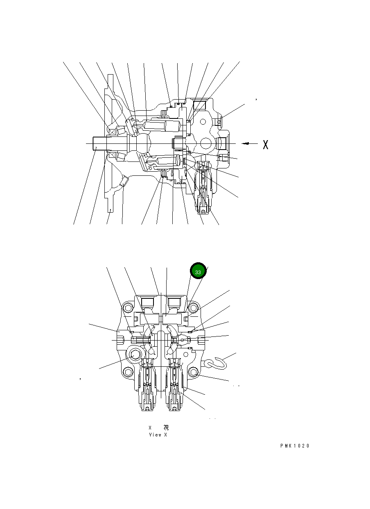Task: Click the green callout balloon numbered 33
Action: [198, 272]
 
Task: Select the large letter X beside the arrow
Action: [265, 144]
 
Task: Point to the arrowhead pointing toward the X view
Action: [244, 143]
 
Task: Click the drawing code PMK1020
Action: [295, 446]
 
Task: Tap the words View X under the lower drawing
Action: [158, 435]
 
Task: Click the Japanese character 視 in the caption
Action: [166, 427]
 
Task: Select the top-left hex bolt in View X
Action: [128, 308]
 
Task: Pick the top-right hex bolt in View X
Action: [194, 308]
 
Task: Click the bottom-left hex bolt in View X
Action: [128, 372]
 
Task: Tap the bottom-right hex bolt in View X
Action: [194, 372]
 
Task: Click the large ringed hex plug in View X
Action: [135, 355]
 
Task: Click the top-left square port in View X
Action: [147, 303]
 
